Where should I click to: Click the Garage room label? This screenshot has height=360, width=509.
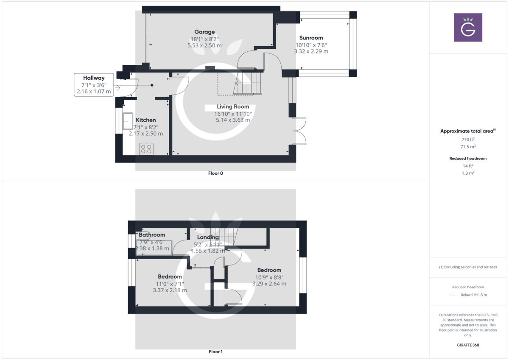tap(204, 32)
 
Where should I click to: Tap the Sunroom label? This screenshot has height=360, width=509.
tap(311, 38)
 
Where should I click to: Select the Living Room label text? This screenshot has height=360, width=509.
tap(233, 106)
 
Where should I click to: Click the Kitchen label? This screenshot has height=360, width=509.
tap(145, 120)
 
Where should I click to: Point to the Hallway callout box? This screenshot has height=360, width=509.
tap(94, 84)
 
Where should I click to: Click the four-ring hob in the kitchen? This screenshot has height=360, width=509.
tap(146, 148)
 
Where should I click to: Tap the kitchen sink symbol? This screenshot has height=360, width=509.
tap(128, 121)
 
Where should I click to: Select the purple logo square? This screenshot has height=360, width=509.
tap(468, 27)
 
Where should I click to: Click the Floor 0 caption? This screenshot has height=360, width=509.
tap(215, 173)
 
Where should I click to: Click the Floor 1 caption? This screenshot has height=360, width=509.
tap(215, 352)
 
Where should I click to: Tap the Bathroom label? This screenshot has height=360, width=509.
tap(152, 235)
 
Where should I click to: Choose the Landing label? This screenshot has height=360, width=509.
tap(208, 237)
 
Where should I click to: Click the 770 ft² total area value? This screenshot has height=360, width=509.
tap(468, 139)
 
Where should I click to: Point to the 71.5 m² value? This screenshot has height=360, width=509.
tap(468, 146)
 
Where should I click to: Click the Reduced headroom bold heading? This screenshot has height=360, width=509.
tap(468, 159)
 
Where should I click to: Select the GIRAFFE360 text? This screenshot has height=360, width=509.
tap(468, 345)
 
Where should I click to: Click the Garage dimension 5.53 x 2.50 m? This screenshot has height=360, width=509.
tap(204, 45)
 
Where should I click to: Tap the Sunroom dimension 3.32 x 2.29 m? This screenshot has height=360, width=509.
tap(311, 51)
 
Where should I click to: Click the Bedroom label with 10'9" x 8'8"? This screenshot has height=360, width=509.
tap(269, 270)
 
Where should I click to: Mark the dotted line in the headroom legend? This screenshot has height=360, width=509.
tap(454, 295)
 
